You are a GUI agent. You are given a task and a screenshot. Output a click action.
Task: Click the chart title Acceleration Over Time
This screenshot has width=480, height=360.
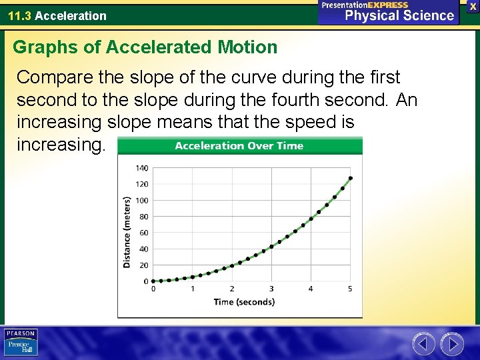pyautogui.click(x=239, y=146)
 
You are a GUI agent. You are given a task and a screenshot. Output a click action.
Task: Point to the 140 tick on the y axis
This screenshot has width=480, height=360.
pyautogui.click(x=142, y=168)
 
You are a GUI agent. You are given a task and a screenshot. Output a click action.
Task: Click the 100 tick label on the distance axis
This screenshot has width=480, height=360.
pyautogui.click(x=142, y=201)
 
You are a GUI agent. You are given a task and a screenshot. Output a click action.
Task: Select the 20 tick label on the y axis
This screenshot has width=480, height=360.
pyautogui.click(x=144, y=265)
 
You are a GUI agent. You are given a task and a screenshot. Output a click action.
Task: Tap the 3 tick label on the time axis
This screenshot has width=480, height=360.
pyautogui.click(x=271, y=289)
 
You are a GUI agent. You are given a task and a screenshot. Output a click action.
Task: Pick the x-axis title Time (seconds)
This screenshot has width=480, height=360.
pyautogui.click(x=244, y=302)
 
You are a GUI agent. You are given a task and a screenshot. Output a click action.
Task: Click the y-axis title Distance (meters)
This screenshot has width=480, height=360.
pyautogui.click(x=127, y=232)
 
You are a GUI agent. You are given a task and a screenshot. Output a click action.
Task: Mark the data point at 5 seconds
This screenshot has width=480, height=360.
pyautogui.click(x=351, y=178)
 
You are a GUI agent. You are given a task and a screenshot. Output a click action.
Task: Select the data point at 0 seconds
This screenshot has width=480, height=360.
pyautogui.click(x=153, y=281)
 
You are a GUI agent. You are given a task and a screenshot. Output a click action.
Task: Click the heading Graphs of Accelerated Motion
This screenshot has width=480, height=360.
pyautogui.click(x=145, y=47)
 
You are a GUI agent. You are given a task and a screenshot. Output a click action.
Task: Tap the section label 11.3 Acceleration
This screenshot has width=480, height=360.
pyautogui.click(x=57, y=15)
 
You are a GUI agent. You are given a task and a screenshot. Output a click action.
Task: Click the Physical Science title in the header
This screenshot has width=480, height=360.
pyautogui.click(x=399, y=16)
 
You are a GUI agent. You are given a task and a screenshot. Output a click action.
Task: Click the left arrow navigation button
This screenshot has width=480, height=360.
pyautogui.click(x=423, y=344)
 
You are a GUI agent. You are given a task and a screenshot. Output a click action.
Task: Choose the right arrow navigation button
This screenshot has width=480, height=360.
pyautogui.click(x=451, y=344)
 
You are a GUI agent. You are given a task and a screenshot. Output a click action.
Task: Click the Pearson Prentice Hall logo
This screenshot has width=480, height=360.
pyautogui.click(x=21, y=342)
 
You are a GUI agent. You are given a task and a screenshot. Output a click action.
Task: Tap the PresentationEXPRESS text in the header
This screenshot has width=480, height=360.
pyautogui.click(x=365, y=5)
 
